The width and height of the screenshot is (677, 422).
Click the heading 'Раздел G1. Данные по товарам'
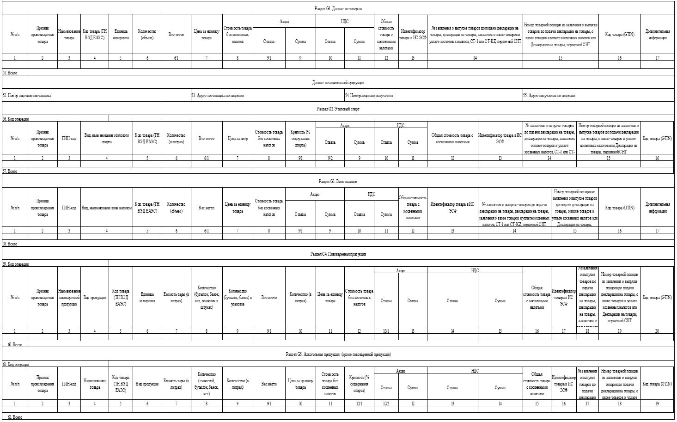click(x=338, y=9)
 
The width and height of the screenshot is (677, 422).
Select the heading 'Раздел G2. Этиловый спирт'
click(x=338, y=109)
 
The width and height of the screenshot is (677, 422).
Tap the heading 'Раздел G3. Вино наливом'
click(x=338, y=182)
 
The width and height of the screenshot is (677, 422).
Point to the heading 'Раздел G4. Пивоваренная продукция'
click(x=338, y=254)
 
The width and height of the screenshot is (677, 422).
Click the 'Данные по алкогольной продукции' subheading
click(x=338, y=83)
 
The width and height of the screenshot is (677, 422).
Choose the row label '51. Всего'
click(x=10, y=73)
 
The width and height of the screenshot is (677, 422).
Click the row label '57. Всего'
click(x=10, y=171)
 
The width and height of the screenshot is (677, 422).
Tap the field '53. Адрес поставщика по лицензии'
click(x=218, y=96)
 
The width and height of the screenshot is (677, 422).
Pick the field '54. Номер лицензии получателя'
click(x=369, y=96)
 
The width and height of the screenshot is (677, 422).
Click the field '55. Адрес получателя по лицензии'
click(x=549, y=96)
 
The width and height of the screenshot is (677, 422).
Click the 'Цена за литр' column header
click(x=238, y=138)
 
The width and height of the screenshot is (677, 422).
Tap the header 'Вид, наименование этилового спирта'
click(x=107, y=138)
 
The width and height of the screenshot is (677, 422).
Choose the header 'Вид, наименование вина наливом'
click(x=107, y=208)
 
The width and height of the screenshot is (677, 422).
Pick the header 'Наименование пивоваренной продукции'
click(x=69, y=297)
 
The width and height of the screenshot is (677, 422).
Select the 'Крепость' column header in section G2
click(x=300, y=138)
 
